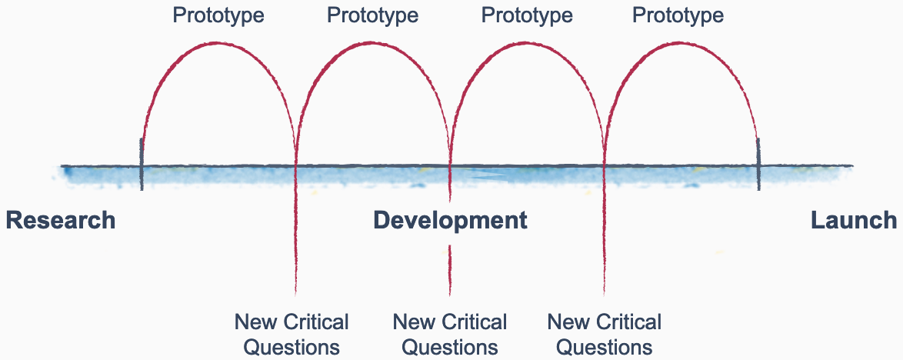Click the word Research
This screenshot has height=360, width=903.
61,221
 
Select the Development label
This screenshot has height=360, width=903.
450,221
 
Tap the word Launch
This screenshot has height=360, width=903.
854,221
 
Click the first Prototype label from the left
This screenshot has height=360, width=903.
218,15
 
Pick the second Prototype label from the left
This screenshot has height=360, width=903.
373,15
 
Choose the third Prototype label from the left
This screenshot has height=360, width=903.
527,15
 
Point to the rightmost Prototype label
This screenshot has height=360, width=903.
678,15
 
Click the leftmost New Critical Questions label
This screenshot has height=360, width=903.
292,334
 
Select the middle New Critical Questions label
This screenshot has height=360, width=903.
450,334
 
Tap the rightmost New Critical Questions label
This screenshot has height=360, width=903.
605,334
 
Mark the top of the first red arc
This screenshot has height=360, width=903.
218,43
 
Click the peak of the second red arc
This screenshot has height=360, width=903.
373,43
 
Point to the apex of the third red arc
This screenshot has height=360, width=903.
527,43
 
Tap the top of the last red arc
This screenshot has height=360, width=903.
681,43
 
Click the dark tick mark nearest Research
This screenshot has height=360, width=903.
142,163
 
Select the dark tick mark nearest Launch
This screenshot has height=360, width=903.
758,163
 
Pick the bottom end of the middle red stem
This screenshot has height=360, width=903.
450,293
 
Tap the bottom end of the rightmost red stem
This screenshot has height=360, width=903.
605,293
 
